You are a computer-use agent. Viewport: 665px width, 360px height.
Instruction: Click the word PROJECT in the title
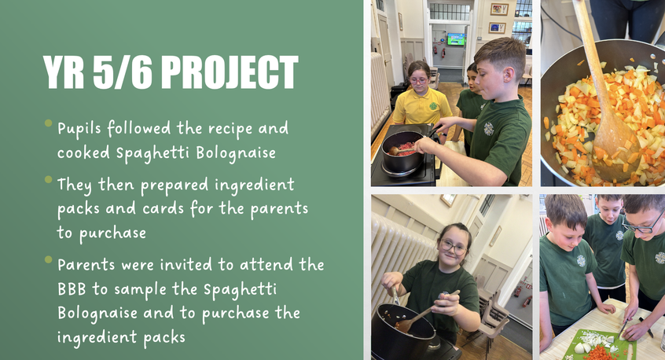tap(230, 72)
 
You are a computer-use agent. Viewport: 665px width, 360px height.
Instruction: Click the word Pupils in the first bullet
tap(79, 128)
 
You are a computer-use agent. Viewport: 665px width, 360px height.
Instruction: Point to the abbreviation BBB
tap(72, 289)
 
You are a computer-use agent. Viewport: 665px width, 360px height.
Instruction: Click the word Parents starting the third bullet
tap(86, 265)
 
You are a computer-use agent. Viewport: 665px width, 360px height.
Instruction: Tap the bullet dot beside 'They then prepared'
tap(49, 179)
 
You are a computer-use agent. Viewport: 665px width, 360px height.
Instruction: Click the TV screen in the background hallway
tap(455, 39)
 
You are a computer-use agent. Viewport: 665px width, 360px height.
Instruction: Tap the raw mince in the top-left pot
tap(405, 149)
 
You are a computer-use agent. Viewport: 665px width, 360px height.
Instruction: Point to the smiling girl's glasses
tap(454, 247)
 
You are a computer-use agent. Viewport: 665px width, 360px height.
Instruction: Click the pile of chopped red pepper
tap(599, 353)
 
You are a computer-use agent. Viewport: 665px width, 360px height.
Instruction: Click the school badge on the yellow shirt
tap(433, 105)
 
